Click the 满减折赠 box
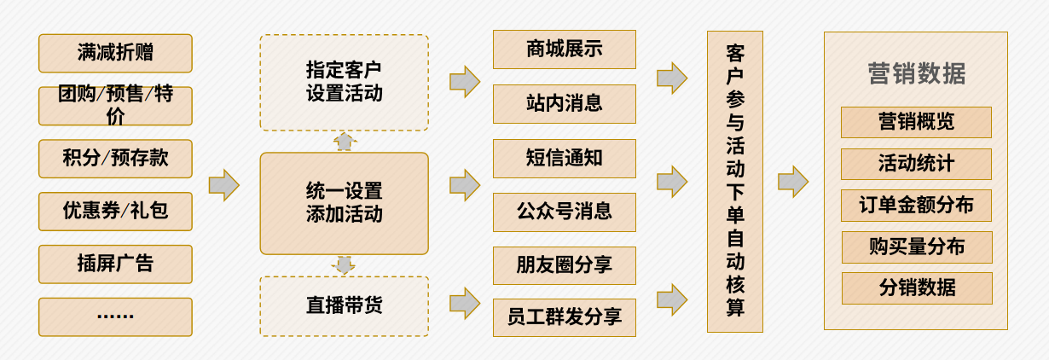point(115,53)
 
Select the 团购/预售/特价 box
point(115,106)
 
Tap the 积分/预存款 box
point(115,159)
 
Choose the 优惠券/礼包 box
point(115,211)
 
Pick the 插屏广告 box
point(115,264)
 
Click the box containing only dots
point(115,316)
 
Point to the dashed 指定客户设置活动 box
point(344,82)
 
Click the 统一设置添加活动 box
point(344,203)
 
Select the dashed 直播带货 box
point(344,305)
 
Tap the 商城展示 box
point(564,49)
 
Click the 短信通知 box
point(564,158)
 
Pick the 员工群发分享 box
point(564,317)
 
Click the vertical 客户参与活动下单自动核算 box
point(735,181)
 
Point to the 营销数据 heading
point(916,73)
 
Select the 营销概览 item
point(916,122)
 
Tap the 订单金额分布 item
point(916,206)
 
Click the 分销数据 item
point(916,288)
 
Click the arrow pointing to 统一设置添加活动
point(223,185)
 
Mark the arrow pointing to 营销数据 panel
point(792,182)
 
